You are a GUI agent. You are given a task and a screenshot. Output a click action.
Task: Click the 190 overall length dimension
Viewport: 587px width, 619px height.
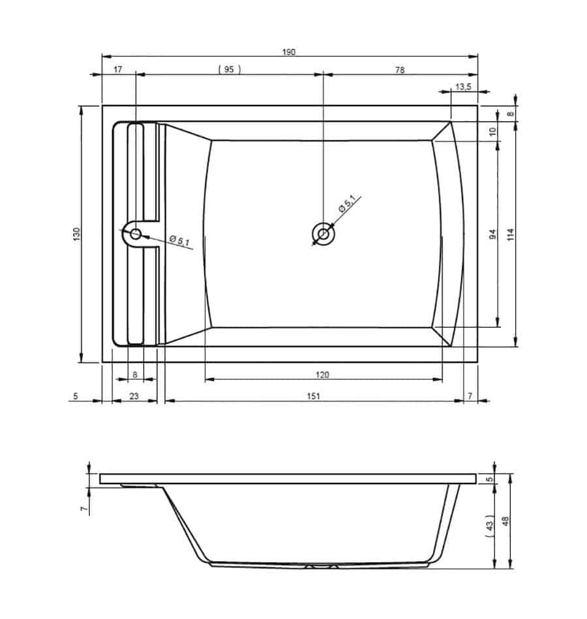click(288, 52)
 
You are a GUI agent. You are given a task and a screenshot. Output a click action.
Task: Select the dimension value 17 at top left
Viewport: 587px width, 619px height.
click(118, 70)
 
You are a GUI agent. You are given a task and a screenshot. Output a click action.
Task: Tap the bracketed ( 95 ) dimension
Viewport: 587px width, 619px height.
click(230, 70)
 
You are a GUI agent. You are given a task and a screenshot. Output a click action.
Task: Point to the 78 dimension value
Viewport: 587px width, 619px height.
click(400, 70)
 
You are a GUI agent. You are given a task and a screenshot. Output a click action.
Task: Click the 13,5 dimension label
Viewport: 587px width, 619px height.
click(463, 87)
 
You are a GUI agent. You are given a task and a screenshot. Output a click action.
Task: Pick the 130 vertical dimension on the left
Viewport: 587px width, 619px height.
click(77, 234)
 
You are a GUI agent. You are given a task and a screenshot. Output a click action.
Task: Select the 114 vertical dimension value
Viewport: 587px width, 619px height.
click(510, 235)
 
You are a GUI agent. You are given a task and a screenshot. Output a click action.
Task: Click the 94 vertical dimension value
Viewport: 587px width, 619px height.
click(492, 234)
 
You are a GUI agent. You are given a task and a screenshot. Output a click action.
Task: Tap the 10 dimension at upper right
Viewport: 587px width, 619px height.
click(492, 132)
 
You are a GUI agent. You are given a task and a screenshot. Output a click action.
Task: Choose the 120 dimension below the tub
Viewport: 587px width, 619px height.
click(322, 375)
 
